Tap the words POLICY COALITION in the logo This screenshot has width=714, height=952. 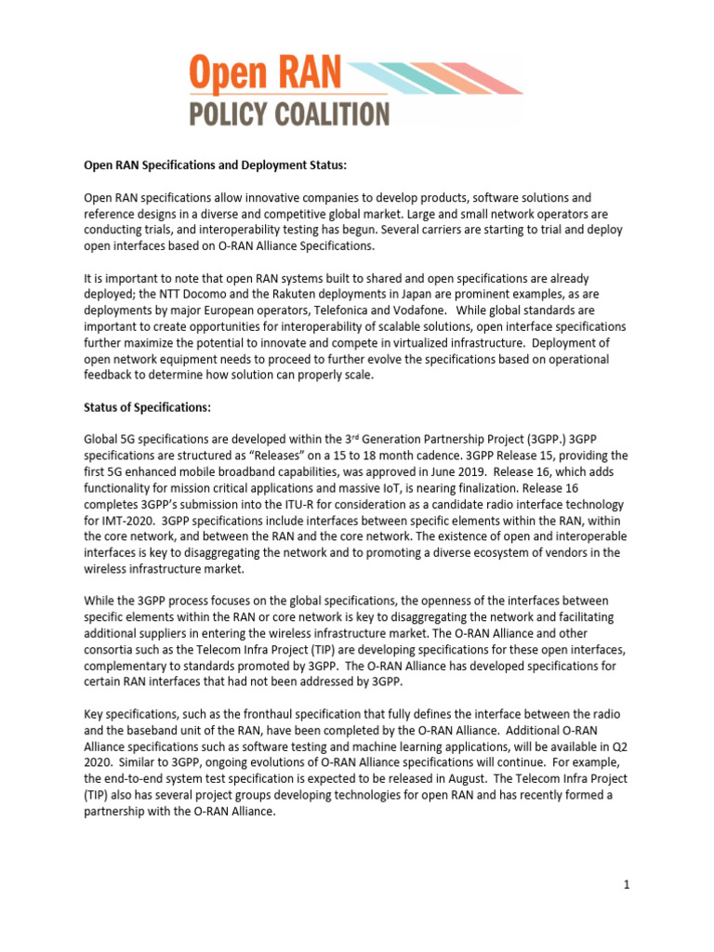click(288, 114)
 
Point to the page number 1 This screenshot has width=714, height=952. click(628, 885)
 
